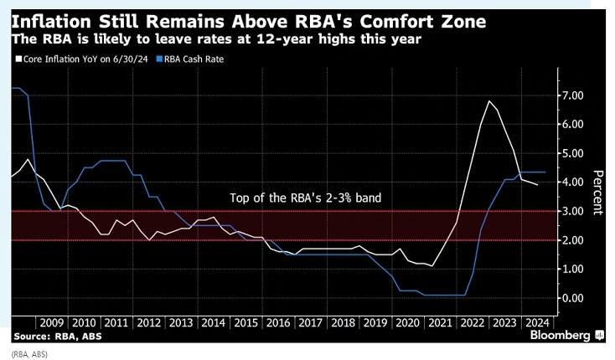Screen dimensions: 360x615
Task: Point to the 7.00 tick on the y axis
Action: point(572,95)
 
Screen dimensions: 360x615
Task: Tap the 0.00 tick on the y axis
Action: point(572,298)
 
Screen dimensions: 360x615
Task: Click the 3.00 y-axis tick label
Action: point(572,211)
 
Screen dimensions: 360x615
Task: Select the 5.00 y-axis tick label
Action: point(572,153)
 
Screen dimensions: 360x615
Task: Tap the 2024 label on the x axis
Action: point(536,321)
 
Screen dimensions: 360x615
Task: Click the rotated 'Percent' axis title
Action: point(598,193)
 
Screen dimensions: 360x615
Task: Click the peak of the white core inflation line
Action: point(488,101)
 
